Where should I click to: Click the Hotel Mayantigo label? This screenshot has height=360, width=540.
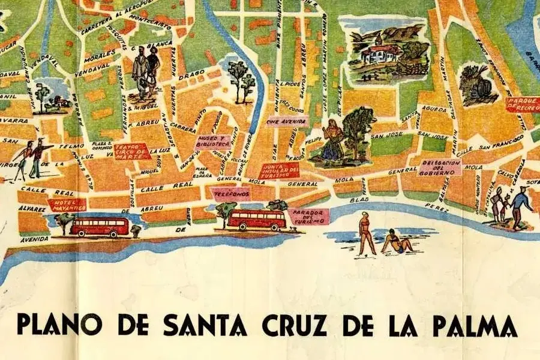point(67,205)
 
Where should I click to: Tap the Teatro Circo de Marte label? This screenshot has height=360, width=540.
point(131,151)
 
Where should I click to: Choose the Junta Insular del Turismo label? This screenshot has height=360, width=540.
point(280,170)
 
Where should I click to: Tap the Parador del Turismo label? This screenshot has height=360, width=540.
point(308,216)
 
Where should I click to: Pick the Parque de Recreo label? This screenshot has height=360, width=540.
point(523,105)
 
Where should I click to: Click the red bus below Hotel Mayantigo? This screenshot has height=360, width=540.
point(100,227)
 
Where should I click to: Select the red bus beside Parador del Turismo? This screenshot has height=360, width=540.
point(257,220)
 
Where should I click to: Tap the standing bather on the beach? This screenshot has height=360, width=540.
point(365,233)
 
